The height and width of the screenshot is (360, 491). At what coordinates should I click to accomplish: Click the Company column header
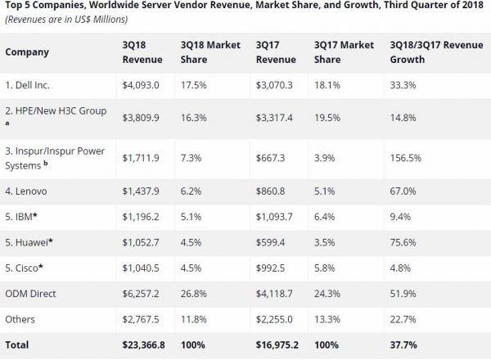pyautogui.click(x=27, y=52)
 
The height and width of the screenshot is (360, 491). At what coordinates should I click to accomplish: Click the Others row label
pyautogui.click(x=21, y=319)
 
